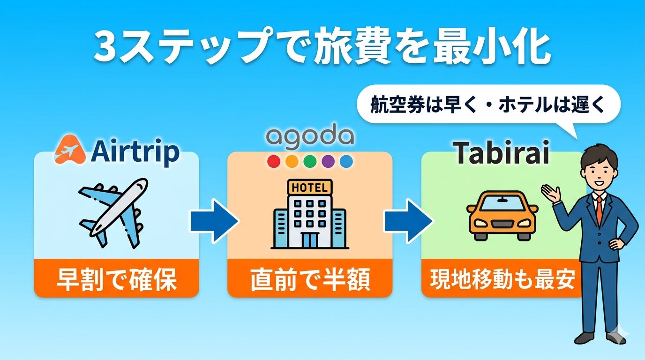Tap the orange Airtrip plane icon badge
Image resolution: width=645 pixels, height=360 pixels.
[69, 150]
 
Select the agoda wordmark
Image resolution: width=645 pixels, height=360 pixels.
[309, 136]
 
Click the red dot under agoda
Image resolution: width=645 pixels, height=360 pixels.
[273, 162]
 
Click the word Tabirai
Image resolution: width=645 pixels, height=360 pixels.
[502, 154]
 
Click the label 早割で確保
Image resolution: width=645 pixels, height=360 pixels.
[116, 280]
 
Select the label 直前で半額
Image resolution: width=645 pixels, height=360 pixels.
[310, 280]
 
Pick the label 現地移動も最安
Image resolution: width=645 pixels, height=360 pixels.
[502, 280]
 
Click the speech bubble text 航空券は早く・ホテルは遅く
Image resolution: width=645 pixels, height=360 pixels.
[488, 105]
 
